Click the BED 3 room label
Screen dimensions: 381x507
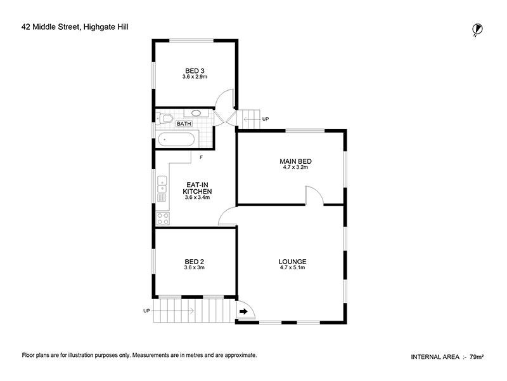[195, 70]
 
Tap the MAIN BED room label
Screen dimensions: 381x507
[295, 161]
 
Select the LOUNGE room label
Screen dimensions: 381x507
[292, 261]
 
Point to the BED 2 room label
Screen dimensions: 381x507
[194, 261]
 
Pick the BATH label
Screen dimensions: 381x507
[184, 124]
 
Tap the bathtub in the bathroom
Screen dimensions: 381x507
[178, 138]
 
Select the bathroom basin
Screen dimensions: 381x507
[196, 114]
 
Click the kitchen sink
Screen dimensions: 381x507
[162, 185]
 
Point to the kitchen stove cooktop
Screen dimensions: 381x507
[163, 218]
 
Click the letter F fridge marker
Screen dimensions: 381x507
[201, 157]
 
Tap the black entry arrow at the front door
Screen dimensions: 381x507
[244, 311]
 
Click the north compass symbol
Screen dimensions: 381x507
[477, 29]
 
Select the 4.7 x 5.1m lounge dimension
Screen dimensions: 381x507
[292, 268]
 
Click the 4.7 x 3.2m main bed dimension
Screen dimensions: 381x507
[295, 168]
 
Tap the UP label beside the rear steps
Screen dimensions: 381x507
[265, 119]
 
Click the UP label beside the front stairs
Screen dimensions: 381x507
[146, 311]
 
